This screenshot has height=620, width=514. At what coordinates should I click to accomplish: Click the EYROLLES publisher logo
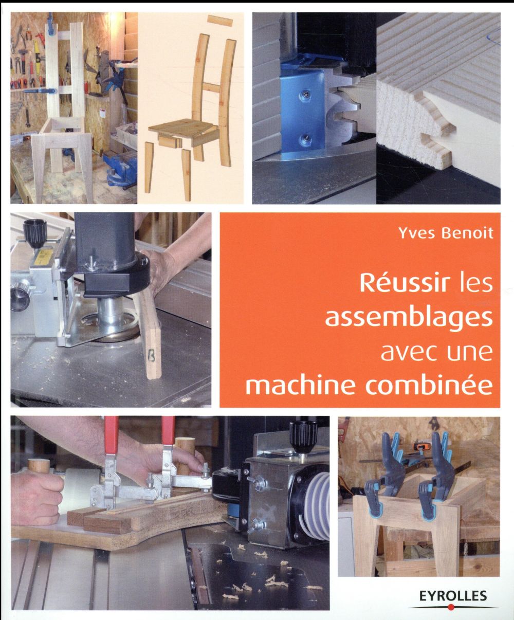click(x=452, y=596)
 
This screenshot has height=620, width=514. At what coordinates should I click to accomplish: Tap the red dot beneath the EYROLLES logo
click(x=452, y=607)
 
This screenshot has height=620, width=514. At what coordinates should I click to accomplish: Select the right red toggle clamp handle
click(x=168, y=431)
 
